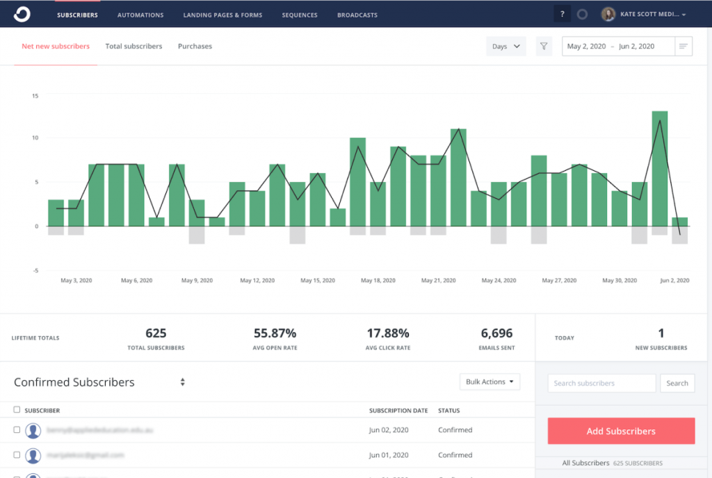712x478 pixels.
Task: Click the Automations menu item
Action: (x=140, y=15)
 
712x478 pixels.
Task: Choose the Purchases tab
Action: (x=195, y=47)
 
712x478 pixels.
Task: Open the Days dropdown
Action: (x=505, y=47)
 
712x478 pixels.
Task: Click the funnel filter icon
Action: (x=544, y=47)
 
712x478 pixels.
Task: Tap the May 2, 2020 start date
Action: (x=586, y=47)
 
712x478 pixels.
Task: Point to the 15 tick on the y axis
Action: (x=35, y=96)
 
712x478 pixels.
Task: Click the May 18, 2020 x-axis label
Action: (x=378, y=281)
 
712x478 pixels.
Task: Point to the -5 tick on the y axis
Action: (x=35, y=271)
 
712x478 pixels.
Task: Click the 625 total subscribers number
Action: (x=156, y=333)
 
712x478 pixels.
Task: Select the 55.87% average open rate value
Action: (x=275, y=333)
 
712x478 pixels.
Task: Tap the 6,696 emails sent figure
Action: (x=496, y=333)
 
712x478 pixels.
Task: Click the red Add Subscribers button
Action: (x=621, y=431)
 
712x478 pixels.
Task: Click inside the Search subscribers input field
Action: (x=601, y=383)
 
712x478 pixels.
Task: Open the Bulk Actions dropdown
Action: (x=489, y=382)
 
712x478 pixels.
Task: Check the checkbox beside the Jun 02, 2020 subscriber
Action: (x=17, y=430)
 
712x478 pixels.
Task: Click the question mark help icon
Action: (x=562, y=14)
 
